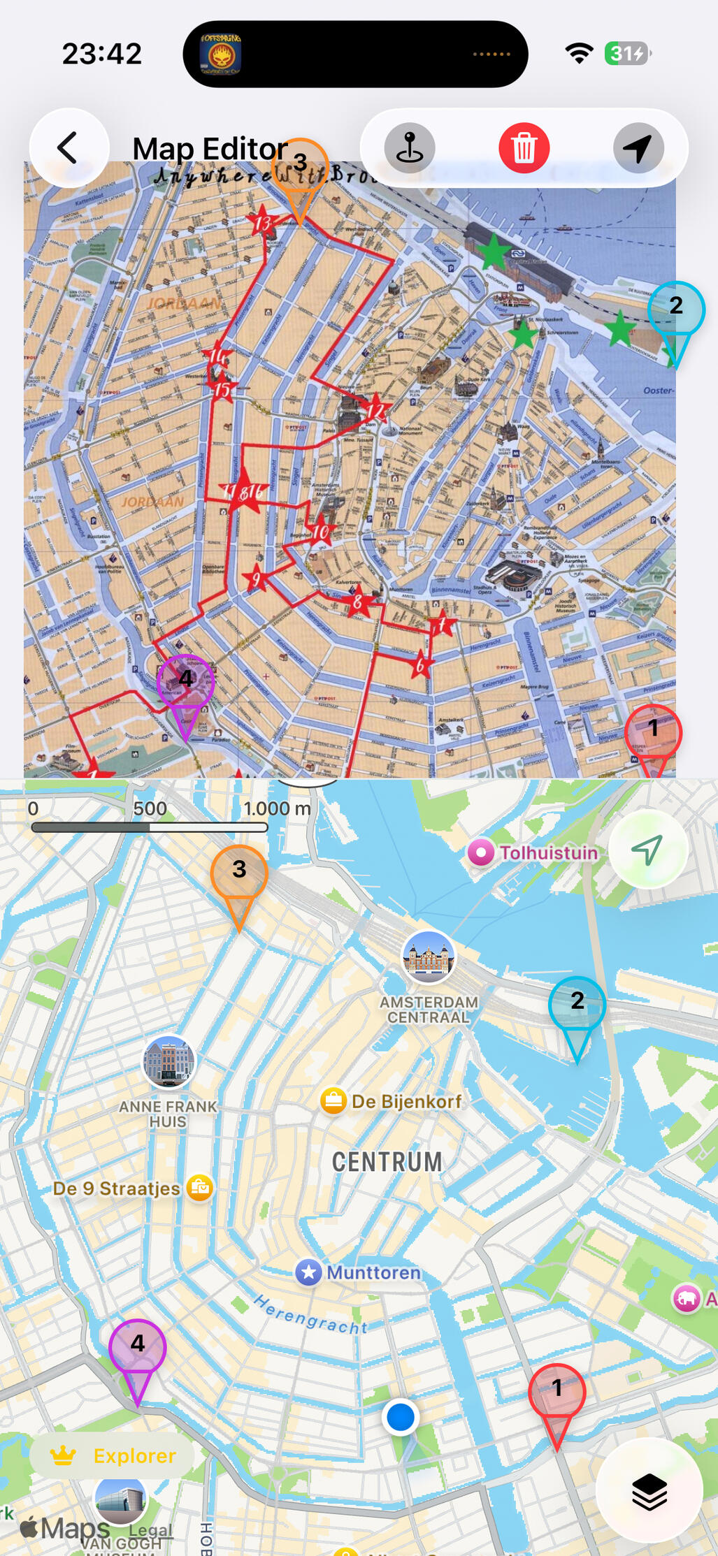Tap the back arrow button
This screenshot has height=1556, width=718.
(69, 148)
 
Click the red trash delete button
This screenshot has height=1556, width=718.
(524, 148)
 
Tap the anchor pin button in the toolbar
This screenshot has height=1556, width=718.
(410, 148)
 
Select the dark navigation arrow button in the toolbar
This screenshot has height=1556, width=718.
(638, 148)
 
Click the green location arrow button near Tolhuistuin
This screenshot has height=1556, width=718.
(647, 850)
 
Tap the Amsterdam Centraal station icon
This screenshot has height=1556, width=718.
(429, 957)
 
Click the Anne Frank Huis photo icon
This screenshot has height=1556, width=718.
(168, 1061)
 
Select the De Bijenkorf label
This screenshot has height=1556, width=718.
(406, 1101)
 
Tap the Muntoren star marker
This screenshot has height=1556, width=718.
(308, 1272)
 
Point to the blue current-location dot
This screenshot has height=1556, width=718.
(401, 1417)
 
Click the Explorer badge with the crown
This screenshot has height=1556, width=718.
(113, 1455)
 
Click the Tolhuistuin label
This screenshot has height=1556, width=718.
(548, 852)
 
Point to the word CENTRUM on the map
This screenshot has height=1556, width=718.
(387, 1163)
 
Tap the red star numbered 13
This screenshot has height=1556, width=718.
(262, 222)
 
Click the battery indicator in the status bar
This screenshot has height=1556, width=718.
(627, 54)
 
